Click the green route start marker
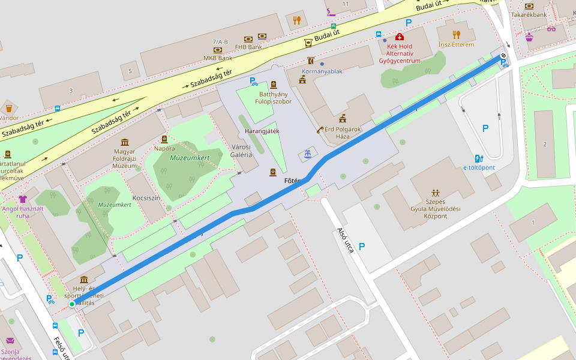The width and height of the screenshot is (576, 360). [x=72, y=304]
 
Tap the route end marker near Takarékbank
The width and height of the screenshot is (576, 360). [x=503, y=56]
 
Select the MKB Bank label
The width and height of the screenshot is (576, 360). [x=218, y=58]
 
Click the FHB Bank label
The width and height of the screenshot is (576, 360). [x=248, y=46]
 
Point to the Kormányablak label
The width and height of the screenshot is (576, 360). [x=322, y=71]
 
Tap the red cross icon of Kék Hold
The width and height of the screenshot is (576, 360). [x=400, y=37]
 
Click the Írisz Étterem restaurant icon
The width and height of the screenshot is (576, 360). [x=457, y=34]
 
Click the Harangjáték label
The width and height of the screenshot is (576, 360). [x=262, y=131]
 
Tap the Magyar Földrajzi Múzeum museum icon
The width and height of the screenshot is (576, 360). [x=124, y=142]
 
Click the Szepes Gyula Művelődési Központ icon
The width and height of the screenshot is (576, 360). [x=436, y=193]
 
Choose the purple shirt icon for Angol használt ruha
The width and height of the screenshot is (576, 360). [x=23, y=199]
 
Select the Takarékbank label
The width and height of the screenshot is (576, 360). [x=529, y=14]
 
